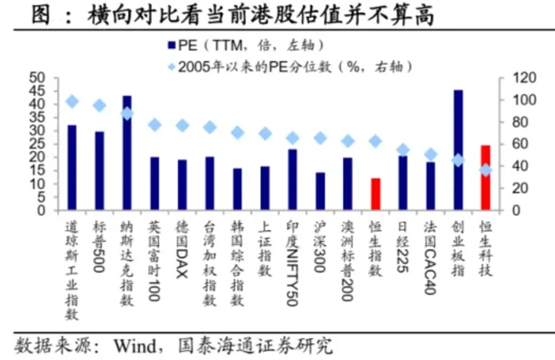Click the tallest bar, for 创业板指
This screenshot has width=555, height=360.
pyautogui.click(x=458, y=149)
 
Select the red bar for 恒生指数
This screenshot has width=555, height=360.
pyautogui.click(x=375, y=193)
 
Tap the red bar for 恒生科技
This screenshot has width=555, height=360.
pyautogui.click(x=486, y=177)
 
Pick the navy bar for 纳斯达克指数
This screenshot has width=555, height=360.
pyautogui.click(x=127, y=152)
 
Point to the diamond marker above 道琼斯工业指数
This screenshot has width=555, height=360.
pyautogui.click(x=72, y=101)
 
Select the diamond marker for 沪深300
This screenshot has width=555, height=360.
pyautogui.click(x=320, y=138)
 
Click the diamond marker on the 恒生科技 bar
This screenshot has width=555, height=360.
pyautogui.click(x=486, y=170)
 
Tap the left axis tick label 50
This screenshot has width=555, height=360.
pyautogui.click(x=38, y=78)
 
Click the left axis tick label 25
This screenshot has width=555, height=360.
pyautogui.click(x=38, y=144)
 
